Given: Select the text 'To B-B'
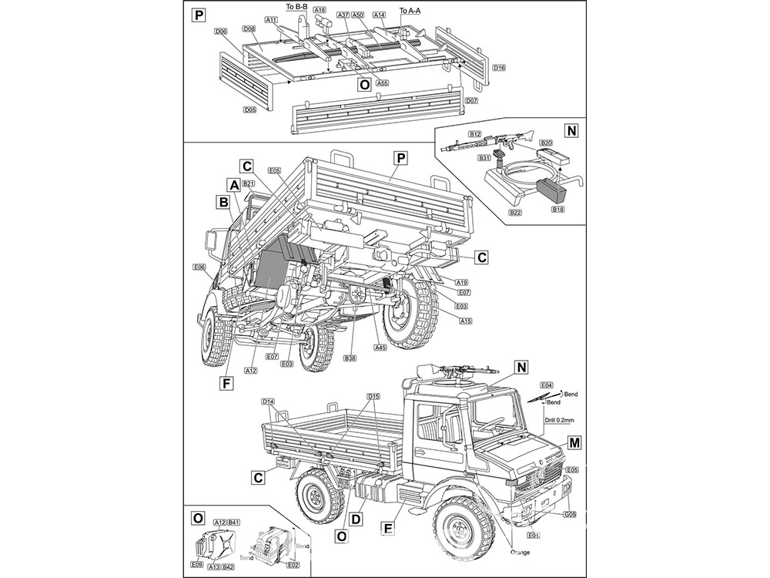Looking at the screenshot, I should tap(296, 6).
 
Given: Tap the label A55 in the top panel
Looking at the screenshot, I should tap(383, 82).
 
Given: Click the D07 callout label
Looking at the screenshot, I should tap(472, 101).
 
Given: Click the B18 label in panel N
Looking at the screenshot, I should tap(557, 208).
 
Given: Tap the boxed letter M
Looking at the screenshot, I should tap(574, 442).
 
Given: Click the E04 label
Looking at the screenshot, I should tap(547, 385).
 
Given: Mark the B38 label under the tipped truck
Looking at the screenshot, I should tap(350, 358).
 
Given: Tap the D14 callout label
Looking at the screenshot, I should tap(268, 402).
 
